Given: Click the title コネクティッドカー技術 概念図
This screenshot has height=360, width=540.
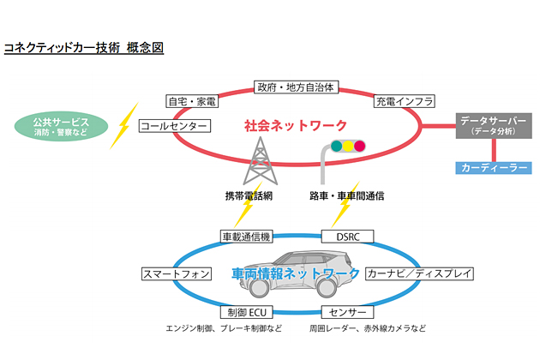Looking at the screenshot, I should click(84, 48).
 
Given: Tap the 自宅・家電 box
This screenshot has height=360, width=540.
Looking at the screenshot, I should click(191, 101).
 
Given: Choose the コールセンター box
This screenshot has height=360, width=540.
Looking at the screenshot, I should click(175, 126).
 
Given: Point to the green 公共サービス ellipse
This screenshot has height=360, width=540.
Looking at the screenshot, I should click(61, 126).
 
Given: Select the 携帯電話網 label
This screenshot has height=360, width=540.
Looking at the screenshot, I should click(248, 195).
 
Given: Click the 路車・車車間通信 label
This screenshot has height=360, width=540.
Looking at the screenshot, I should click(346, 195).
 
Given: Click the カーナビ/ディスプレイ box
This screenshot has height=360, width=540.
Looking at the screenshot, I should click(419, 274).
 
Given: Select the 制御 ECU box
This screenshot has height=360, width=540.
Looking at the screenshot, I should click(247, 312).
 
